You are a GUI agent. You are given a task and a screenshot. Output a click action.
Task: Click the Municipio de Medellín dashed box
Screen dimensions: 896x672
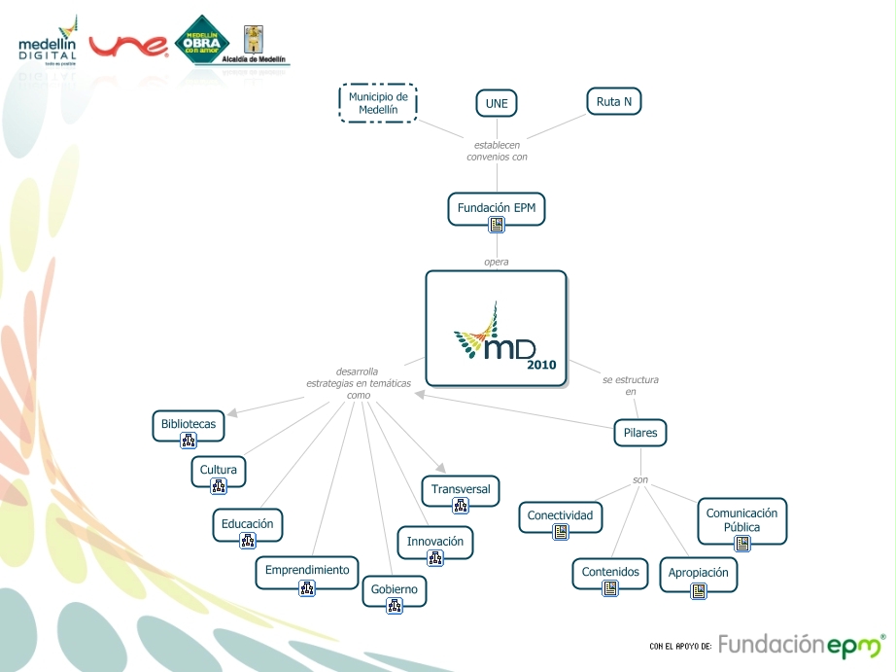click(x=378, y=103)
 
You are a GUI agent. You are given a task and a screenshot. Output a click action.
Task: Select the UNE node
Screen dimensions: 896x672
click(x=497, y=104)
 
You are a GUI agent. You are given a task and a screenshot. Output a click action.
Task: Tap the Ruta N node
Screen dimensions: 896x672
click(x=614, y=101)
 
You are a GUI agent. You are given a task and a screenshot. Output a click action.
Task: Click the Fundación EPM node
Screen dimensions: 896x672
click(x=496, y=208)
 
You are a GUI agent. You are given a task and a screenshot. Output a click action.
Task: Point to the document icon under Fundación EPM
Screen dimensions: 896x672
click(x=497, y=226)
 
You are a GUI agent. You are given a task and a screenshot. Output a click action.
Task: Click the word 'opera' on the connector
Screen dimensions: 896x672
click(x=496, y=262)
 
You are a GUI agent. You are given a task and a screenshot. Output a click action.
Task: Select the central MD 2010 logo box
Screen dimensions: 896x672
click(x=496, y=329)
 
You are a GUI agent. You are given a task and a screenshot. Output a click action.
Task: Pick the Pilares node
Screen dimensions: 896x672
click(x=640, y=433)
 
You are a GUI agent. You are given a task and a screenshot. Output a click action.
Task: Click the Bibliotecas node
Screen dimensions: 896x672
click(x=189, y=425)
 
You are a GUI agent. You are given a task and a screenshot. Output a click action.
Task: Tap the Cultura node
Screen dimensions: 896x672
click(x=218, y=471)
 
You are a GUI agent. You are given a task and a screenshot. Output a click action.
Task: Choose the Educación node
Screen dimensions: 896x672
click(x=247, y=524)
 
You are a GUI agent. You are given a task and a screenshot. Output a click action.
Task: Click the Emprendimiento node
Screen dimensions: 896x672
click(x=307, y=571)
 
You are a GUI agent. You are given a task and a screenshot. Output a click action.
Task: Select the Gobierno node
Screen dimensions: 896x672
click(x=394, y=589)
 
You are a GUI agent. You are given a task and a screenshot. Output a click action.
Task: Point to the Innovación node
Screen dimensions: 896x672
click(x=434, y=542)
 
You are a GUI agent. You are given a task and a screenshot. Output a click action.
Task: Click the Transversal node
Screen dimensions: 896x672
click(x=461, y=489)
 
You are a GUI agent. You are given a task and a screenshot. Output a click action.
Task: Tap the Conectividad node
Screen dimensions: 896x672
click(x=560, y=515)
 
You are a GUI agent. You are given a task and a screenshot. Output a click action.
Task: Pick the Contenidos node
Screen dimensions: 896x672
click(x=610, y=572)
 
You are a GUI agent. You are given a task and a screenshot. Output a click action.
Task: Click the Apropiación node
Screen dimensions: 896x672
click(x=698, y=574)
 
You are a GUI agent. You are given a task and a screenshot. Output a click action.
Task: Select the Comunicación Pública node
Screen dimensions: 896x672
click(x=741, y=520)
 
